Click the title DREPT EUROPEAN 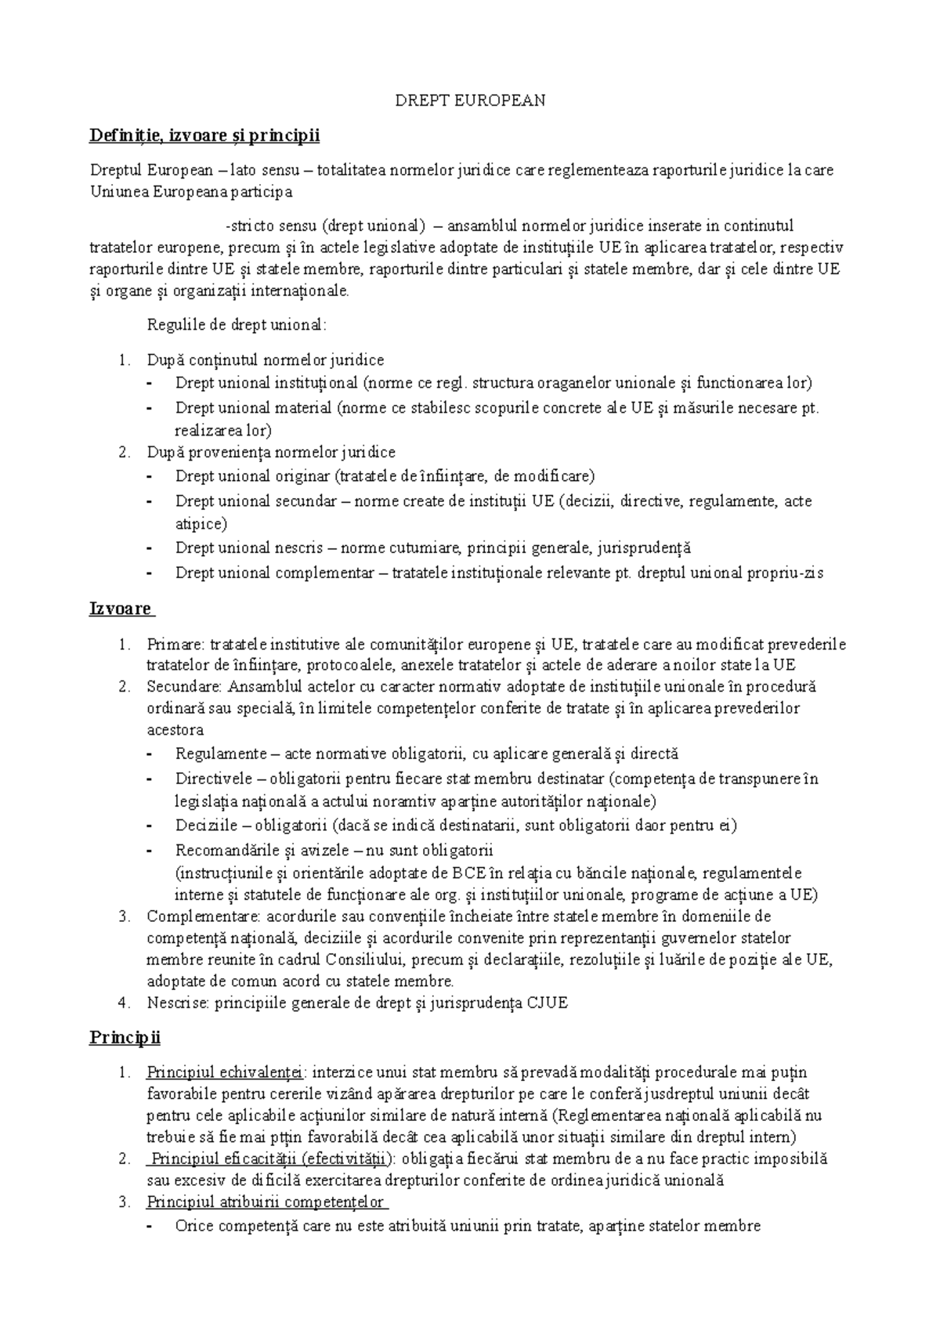point(470,101)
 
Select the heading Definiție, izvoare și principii point(204,136)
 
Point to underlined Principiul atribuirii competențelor point(266,1202)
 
